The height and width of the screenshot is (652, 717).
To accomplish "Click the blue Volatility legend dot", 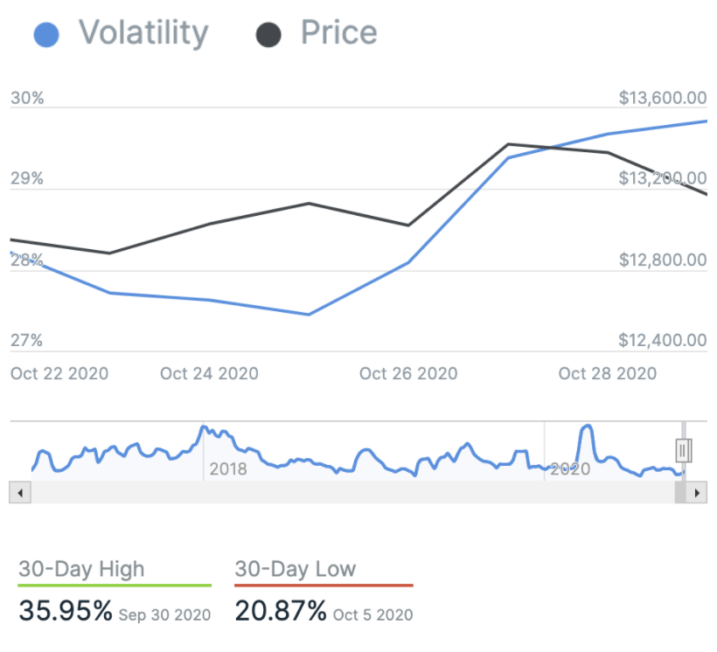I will click(x=45, y=35).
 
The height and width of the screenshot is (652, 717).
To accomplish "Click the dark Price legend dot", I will click(x=268, y=35).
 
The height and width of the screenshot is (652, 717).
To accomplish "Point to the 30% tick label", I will click(x=27, y=99).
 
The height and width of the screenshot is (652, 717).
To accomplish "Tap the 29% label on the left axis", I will click(x=27, y=179).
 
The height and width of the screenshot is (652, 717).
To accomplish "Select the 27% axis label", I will click(x=27, y=341).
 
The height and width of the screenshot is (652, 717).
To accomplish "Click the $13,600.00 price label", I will click(x=662, y=98).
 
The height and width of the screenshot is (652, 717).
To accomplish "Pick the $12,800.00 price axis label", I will click(x=662, y=260).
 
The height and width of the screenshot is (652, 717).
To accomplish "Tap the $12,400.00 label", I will click(x=662, y=341).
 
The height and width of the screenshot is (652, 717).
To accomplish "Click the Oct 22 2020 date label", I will click(x=59, y=373).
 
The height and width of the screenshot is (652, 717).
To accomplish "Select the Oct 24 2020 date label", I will click(x=209, y=373).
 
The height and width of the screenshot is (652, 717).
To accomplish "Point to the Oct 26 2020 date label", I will click(x=408, y=373).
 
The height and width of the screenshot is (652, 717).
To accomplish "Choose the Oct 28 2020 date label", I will click(x=608, y=373).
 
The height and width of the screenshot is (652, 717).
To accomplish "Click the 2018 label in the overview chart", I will click(x=228, y=469).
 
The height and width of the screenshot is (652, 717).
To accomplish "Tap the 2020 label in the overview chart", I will click(x=571, y=469).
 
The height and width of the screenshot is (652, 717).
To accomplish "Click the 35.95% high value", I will click(x=66, y=610).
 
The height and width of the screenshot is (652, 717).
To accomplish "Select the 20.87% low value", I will click(x=281, y=610).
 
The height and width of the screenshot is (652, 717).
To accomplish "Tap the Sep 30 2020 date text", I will click(x=165, y=614).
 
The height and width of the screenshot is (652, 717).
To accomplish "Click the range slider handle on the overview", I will click(x=684, y=450).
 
